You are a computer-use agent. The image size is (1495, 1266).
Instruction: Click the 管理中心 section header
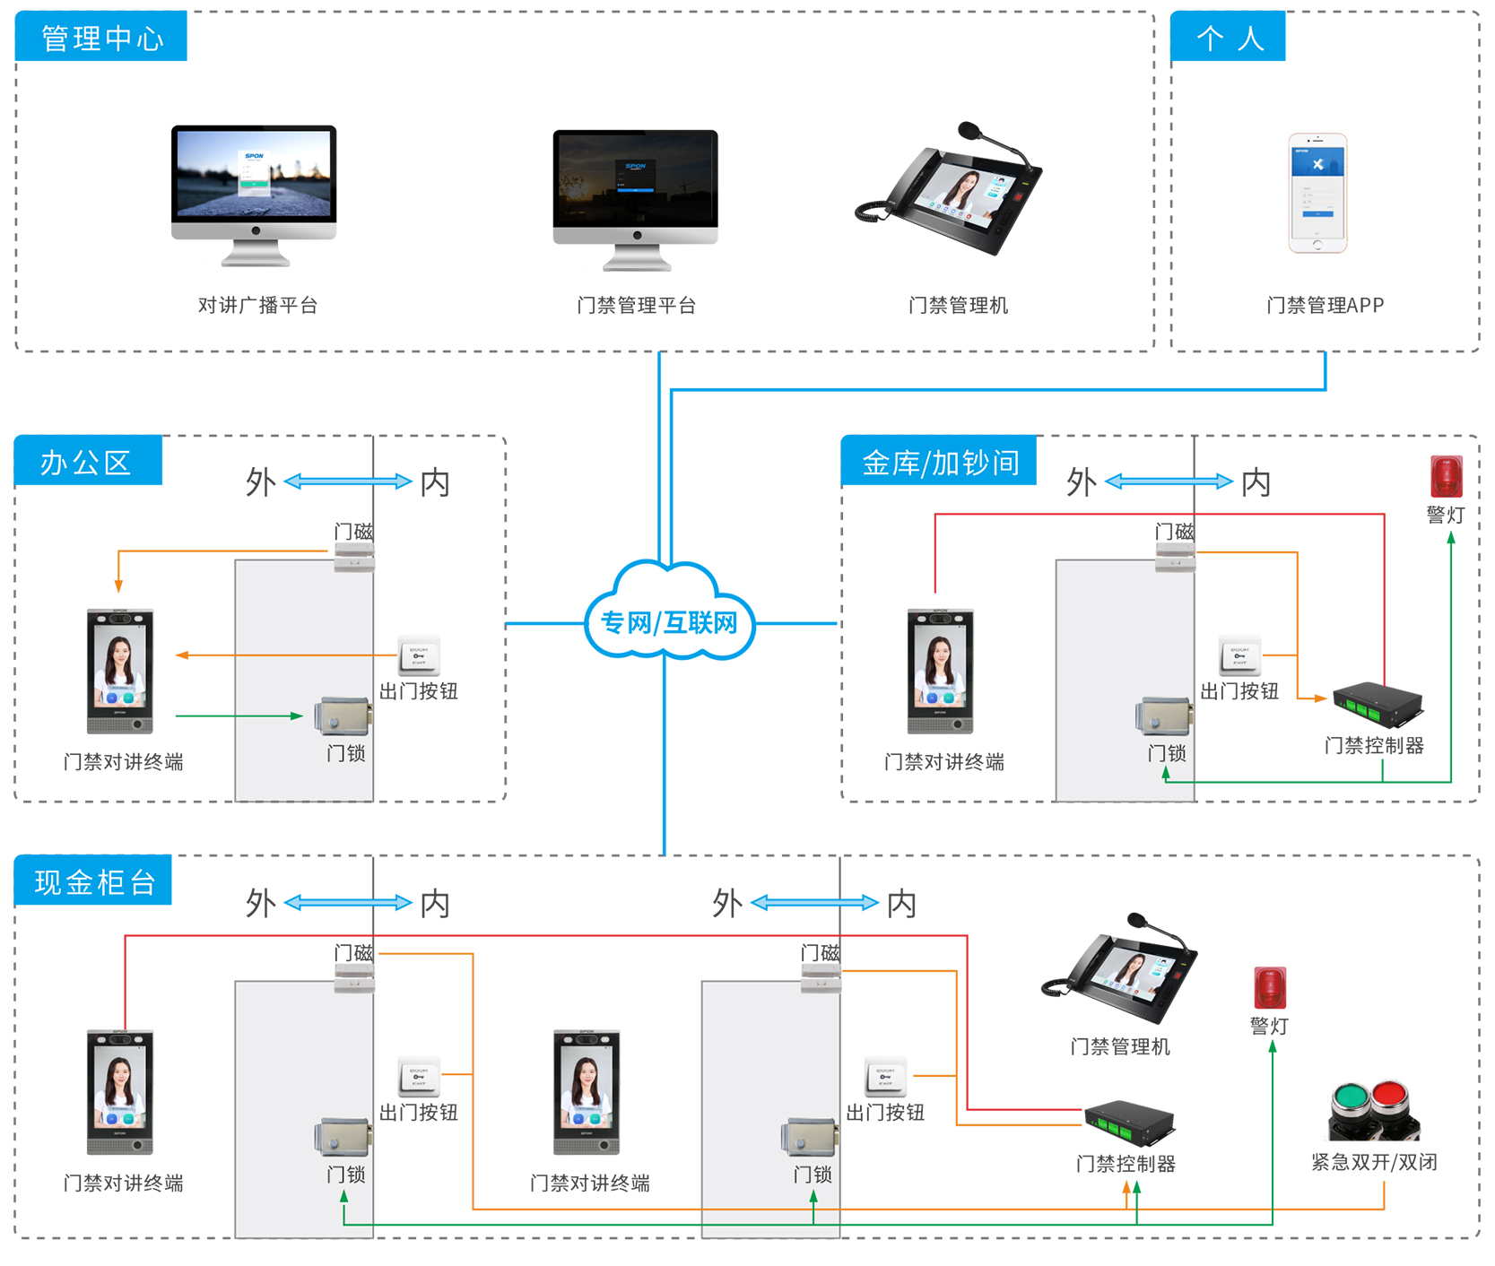(x=101, y=37)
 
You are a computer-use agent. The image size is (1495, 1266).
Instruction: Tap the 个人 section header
(x=1228, y=37)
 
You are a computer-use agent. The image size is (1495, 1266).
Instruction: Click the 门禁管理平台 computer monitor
(x=635, y=198)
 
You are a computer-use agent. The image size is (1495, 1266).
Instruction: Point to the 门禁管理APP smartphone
(x=1317, y=193)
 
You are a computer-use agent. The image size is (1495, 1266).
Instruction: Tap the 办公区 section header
(x=88, y=461)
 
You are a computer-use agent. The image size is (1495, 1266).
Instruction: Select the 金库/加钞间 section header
(x=939, y=461)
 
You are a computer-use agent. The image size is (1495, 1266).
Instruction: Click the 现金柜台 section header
(x=93, y=880)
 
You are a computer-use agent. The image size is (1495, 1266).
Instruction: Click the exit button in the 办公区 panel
(x=419, y=655)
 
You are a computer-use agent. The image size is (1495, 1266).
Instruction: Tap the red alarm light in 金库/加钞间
(x=1446, y=476)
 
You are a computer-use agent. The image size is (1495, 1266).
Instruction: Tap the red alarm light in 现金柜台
(x=1270, y=987)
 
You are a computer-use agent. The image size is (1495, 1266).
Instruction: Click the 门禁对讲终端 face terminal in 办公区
(x=120, y=671)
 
